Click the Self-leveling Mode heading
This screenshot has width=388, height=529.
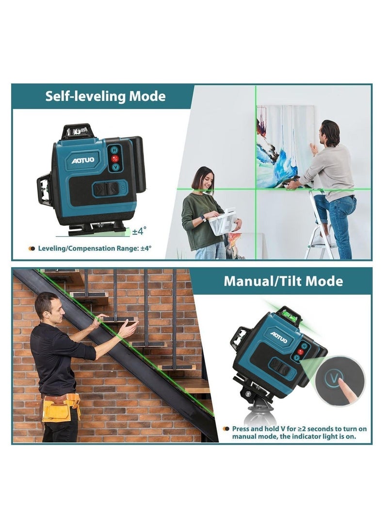pyautogui.click(x=105, y=96)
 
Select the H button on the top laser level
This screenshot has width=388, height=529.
pyautogui.click(x=115, y=151)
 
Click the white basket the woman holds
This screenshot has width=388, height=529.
pyautogui.click(x=223, y=222)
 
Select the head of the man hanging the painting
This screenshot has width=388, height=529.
pyautogui.click(x=330, y=132)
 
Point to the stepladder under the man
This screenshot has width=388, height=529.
pyautogui.click(x=321, y=228)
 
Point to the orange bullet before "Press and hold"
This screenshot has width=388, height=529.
pyautogui.click(x=226, y=429)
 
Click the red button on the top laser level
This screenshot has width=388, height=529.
pyautogui.click(x=115, y=159)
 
